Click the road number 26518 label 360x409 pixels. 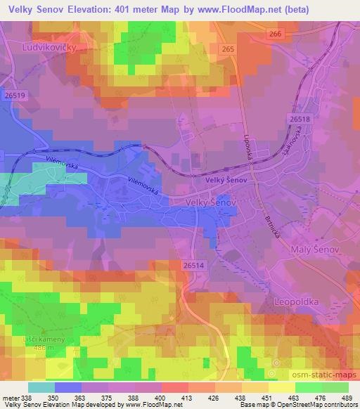click(x=299, y=120)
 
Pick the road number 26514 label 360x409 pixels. click(x=194, y=265)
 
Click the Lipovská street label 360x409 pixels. click(x=251, y=147)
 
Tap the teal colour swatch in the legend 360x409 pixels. click(x=41, y=387)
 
